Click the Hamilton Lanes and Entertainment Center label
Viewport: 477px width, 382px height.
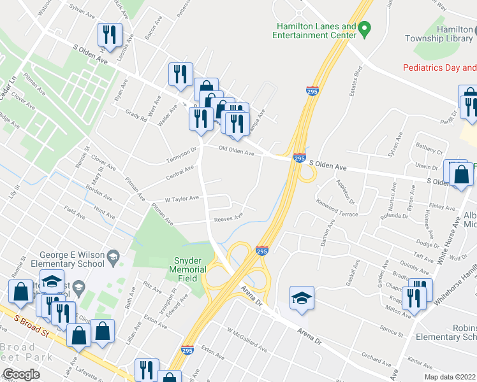315,31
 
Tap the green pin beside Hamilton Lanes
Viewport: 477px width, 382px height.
365,28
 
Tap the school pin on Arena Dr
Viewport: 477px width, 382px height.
302,297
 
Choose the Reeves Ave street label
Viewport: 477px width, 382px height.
228,218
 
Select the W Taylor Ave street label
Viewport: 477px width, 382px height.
182,199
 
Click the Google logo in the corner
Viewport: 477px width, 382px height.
21,374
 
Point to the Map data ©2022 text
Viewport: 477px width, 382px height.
450,377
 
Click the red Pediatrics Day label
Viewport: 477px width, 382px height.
439,67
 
